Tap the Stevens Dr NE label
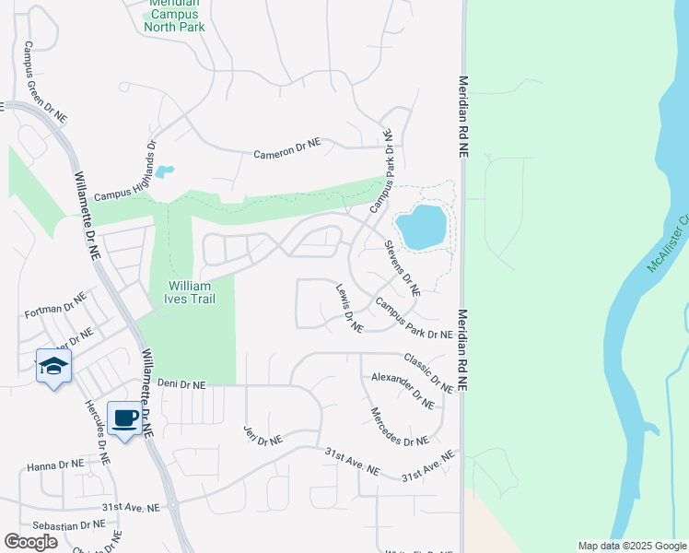click(x=402, y=267)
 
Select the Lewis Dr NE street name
click(x=349, y=307)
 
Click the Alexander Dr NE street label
click(x=402, y=390)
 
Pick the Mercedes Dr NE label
click(x=399, y=428)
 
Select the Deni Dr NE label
click(x=181, y=382)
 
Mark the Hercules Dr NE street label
click(x=97, y=432)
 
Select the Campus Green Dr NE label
click(x=46, y=82)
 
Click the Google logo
click(x=30, y=542)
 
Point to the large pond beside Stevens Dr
click(x=421, y=227)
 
